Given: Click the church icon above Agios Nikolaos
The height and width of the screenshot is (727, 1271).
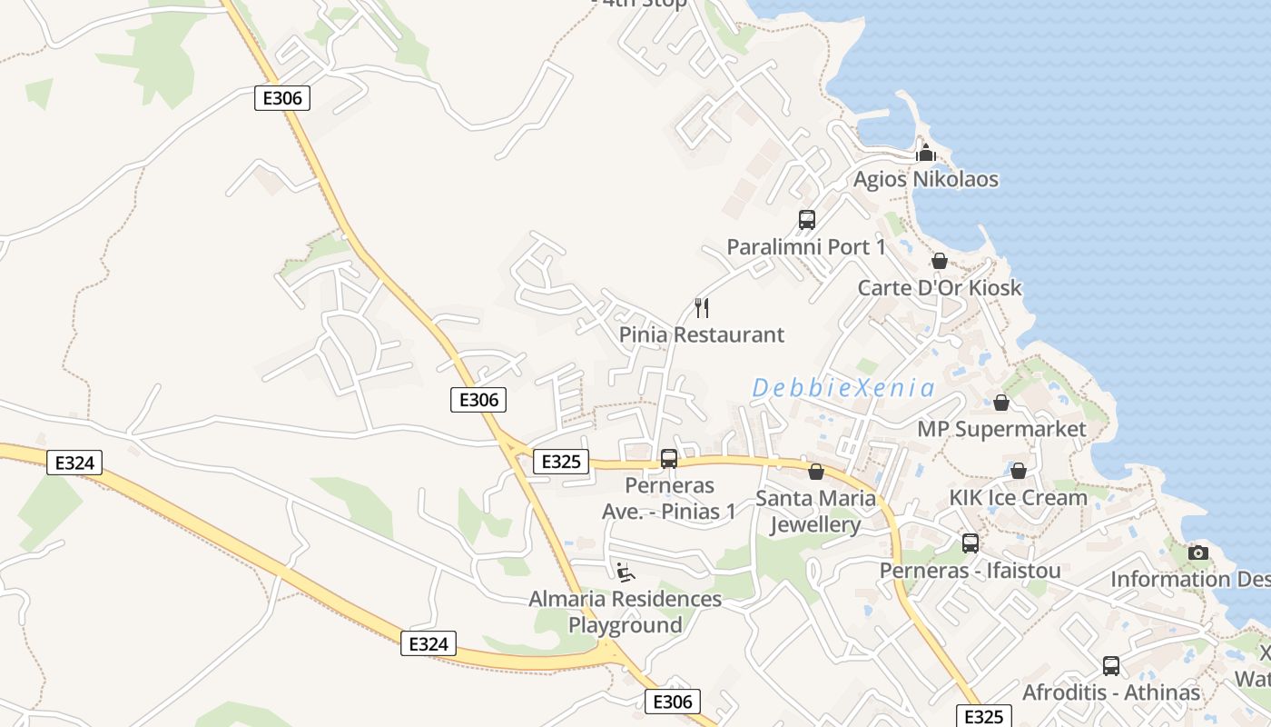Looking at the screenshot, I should [925, 153].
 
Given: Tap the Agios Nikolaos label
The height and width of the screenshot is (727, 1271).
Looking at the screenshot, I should [925, 179].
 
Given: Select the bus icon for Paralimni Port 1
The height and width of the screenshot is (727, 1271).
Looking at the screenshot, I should [806, 219].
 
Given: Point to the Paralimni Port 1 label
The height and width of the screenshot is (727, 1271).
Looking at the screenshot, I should [805, 246].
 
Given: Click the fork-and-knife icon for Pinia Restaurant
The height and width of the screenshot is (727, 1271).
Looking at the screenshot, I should [701, 307].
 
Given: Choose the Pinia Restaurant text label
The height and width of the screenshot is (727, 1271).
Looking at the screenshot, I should [701, 334].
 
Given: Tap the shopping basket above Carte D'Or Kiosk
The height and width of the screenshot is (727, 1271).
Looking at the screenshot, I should [940, 262].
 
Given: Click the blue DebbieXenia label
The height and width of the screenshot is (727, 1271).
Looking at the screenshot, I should [842, 389].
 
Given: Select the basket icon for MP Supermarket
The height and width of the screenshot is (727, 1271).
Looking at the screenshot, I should [1001, 402].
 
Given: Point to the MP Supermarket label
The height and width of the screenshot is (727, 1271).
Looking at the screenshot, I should [1001, 429].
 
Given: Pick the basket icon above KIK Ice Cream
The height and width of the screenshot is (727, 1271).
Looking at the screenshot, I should [1018, 471].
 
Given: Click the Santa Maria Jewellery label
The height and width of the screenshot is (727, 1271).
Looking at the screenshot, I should [815, 512].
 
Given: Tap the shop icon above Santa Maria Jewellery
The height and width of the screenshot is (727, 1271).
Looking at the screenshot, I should [815, 472].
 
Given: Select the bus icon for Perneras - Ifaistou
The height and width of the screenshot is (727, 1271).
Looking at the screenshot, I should [970, 543].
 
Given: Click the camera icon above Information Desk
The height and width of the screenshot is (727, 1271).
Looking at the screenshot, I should [1197, 553].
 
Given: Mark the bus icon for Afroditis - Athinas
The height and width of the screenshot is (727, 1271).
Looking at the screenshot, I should [1110, 665].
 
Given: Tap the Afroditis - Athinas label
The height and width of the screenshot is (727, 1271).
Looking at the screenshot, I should [1110, 692].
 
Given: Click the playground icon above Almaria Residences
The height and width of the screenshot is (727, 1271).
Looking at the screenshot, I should [626, 572].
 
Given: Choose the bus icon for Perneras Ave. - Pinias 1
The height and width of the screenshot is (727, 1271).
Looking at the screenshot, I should [669, 459].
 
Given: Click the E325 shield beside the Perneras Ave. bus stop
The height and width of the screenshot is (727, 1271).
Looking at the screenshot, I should [560, 462].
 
